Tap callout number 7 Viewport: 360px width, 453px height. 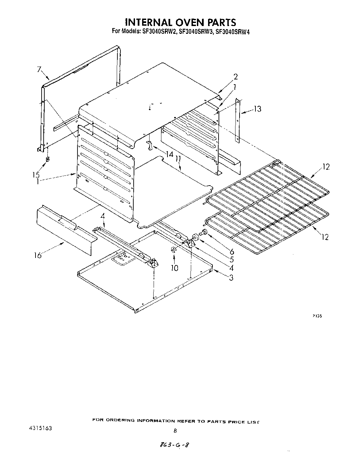coord(39,70)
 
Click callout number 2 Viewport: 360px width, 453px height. coord(236,76)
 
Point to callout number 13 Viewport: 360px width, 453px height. coord(257,109)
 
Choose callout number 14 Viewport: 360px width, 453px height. coord(169,155)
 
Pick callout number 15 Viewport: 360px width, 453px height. coord(36,175)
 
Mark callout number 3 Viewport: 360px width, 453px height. coord(231,278)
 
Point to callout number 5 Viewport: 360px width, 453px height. coord(231,260)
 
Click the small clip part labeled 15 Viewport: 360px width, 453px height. coord(47,159)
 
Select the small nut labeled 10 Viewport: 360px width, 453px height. coord(173,250)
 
